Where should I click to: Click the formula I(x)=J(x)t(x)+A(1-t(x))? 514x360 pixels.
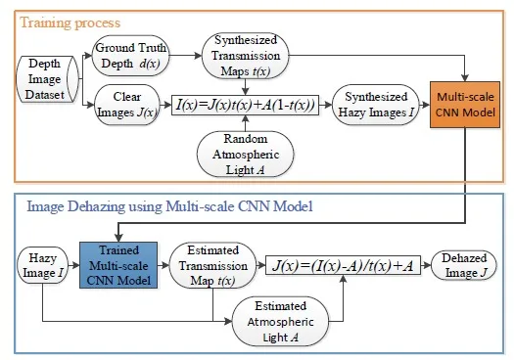pyautogui.click(x=244, y=101)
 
